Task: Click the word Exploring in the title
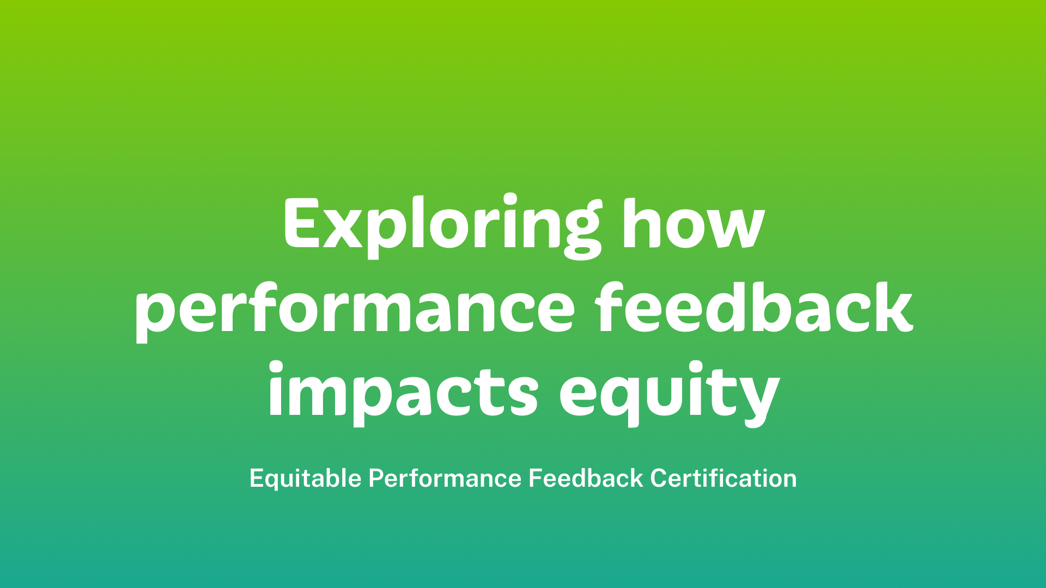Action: pos(442,225)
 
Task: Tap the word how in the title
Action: pos(694,223)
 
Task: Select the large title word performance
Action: pos(355,310)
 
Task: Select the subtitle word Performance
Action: pos(445,478)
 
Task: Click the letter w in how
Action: pos(733,229)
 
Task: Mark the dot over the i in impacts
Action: pos(276,368)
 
